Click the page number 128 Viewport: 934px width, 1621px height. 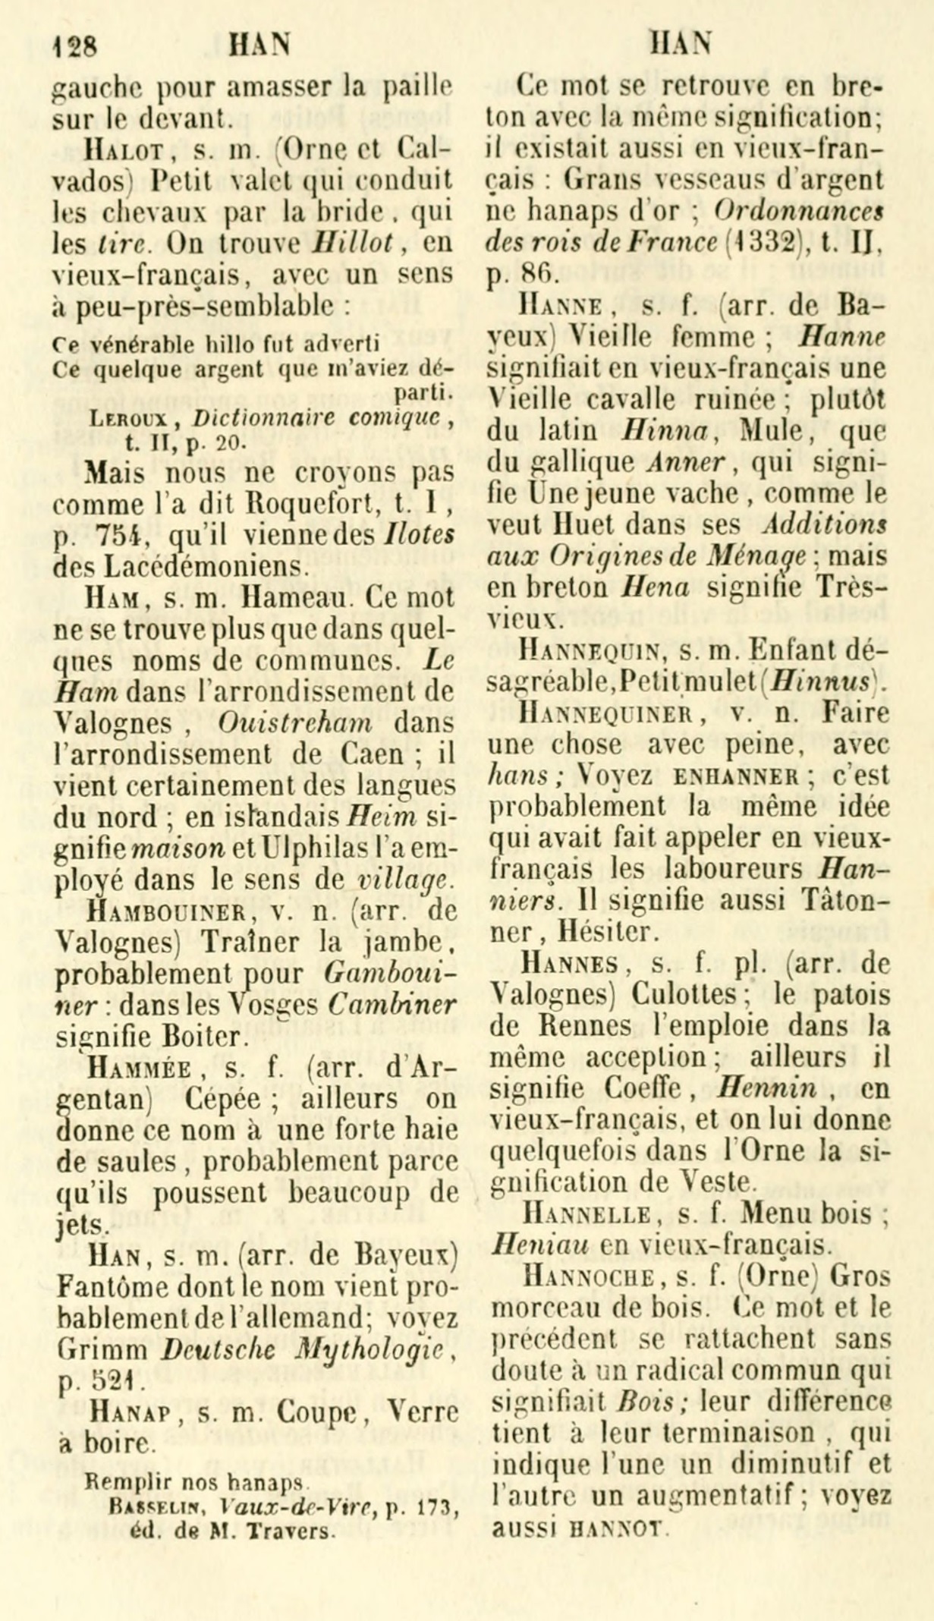pyautogui.click(x=75, y=47)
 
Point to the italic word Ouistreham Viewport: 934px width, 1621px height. pyautogui.click(x=295, y=722)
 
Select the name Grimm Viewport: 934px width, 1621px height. pyautogui.click(x=102, y=1347)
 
